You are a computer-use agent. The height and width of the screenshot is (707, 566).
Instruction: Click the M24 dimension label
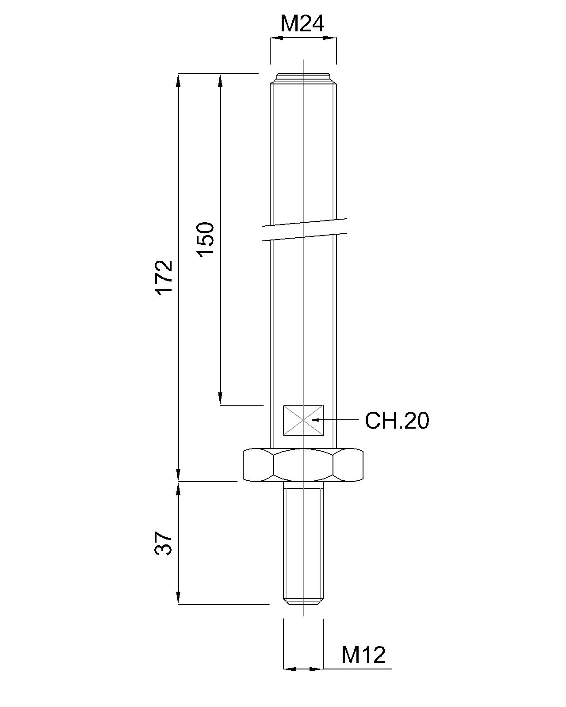coord(302,24)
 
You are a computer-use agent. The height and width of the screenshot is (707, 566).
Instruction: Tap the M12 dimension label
coord(363,655)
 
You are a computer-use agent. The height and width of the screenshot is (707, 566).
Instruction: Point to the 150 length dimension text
coord(206,239)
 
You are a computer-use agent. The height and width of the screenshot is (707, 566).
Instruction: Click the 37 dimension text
coord(163,543)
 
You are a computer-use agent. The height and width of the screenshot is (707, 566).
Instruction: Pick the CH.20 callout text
coord(397,421)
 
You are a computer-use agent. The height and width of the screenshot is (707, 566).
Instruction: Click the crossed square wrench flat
coord(303,420)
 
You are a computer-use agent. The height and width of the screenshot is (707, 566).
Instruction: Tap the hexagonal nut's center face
coord(303,465)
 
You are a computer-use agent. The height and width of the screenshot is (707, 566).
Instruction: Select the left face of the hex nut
coord(258,465)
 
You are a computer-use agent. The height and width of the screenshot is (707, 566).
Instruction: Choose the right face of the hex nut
coord(349,465)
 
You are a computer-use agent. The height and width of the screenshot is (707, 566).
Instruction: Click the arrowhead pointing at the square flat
coord(315,419)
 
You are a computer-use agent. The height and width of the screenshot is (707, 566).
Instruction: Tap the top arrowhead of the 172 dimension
coord(178,80)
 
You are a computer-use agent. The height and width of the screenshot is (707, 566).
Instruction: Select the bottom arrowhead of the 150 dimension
coord(220,398)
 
